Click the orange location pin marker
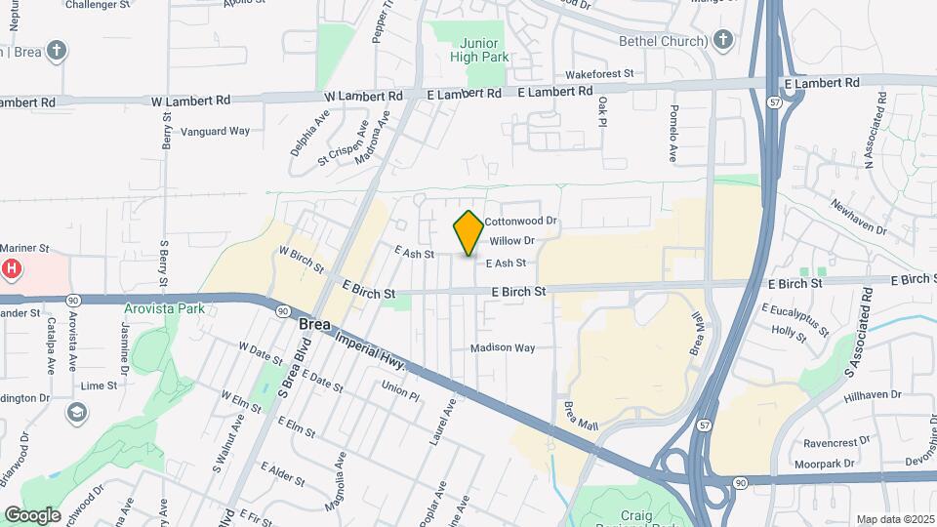[468, 233]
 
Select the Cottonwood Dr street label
[520, 222]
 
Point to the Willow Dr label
[512, 240]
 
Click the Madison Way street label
[503, 347]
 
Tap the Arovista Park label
[164, 309]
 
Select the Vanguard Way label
[216, 131]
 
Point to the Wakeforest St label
[600, 73]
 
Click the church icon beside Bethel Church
[722, 40]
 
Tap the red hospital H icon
[11, 268]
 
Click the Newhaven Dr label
[859, 218]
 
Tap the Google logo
[32, 514]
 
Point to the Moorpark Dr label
[825, 464]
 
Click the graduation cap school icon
[75, 413]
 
